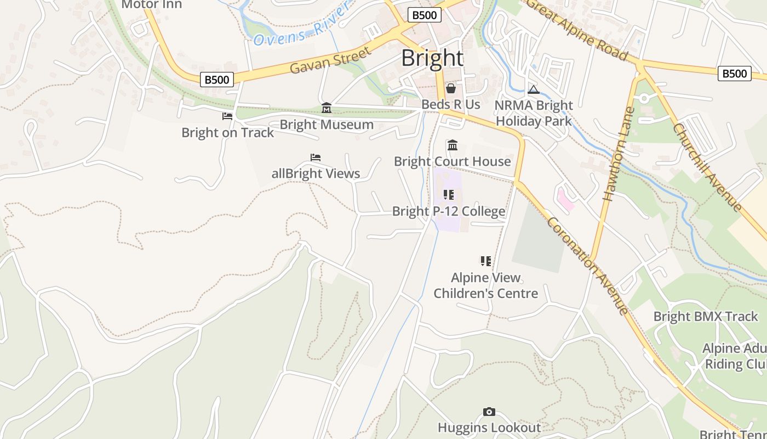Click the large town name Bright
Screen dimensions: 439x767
coord(432,58)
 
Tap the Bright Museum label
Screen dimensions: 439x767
coord(327,125)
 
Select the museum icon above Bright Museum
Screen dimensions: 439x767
coord(327,108)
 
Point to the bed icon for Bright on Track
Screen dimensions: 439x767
coord(227,116)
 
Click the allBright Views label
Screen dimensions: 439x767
coord(316,173)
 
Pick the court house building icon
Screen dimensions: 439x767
coord(453,145)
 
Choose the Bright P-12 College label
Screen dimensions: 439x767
coord(449,211)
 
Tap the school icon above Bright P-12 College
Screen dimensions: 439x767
coord(449,195)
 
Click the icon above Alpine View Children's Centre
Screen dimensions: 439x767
coord(486,261)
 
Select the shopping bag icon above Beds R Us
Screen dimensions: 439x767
coord(451,88)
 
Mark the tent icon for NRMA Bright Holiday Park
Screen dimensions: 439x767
coord(534,89)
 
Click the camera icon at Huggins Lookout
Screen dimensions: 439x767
coord(489,412)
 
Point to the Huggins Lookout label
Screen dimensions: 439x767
coord(489,427)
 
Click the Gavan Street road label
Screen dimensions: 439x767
coord(330,60)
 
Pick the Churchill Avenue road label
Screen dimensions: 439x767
coord(707,167)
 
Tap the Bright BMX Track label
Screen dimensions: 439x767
coord(706,317)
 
